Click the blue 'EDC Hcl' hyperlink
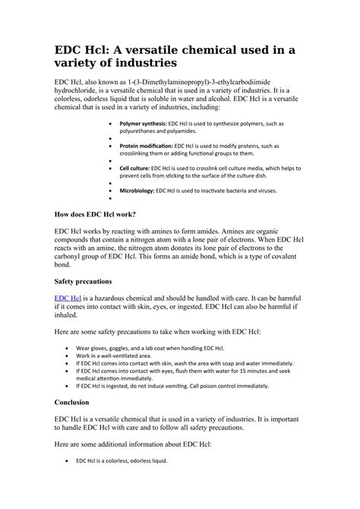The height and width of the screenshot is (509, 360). pos(68,299)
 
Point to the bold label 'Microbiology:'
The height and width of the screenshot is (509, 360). pos(137,191)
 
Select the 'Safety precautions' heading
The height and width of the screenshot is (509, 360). pos(84,281)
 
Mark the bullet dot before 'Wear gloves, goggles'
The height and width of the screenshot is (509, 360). pos(68,348)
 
